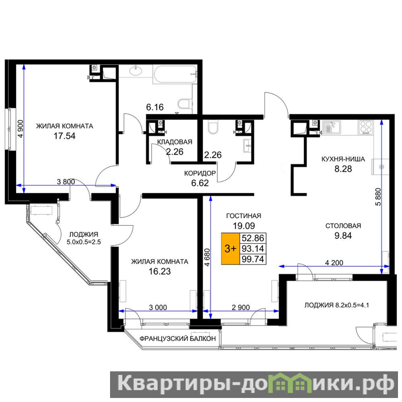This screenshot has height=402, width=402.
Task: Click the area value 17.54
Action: coord(64,136)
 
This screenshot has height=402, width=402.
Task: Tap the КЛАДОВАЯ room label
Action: coord(174,142)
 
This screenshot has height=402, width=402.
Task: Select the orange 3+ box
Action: coord(230,248)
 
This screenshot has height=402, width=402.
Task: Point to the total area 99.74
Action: coord(253,259)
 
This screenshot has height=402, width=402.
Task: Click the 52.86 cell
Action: coord(253,238)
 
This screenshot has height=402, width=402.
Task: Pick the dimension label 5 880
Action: coord(378,196)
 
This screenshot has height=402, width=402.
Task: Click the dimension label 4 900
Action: coord(21,129)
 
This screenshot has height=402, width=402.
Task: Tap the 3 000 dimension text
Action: coord(158,308)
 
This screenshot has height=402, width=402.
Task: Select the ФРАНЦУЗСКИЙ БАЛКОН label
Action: coord(178,339)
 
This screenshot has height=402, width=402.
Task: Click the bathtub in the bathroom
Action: coord(175,74)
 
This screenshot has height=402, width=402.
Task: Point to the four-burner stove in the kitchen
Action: coord(366,128)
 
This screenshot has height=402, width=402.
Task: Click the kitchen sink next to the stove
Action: coord(331,128)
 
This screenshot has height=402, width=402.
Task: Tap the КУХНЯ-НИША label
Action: coord(343,159)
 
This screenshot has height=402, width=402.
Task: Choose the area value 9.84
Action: coord(343,236)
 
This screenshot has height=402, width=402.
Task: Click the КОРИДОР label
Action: coord(200,173)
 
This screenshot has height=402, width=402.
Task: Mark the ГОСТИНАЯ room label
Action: coord(244,216)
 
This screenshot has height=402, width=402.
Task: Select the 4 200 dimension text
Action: coord(334,263)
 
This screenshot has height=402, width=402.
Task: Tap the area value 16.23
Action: coord(160,271)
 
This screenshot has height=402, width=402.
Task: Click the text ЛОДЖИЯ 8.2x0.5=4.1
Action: coord(337,305)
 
